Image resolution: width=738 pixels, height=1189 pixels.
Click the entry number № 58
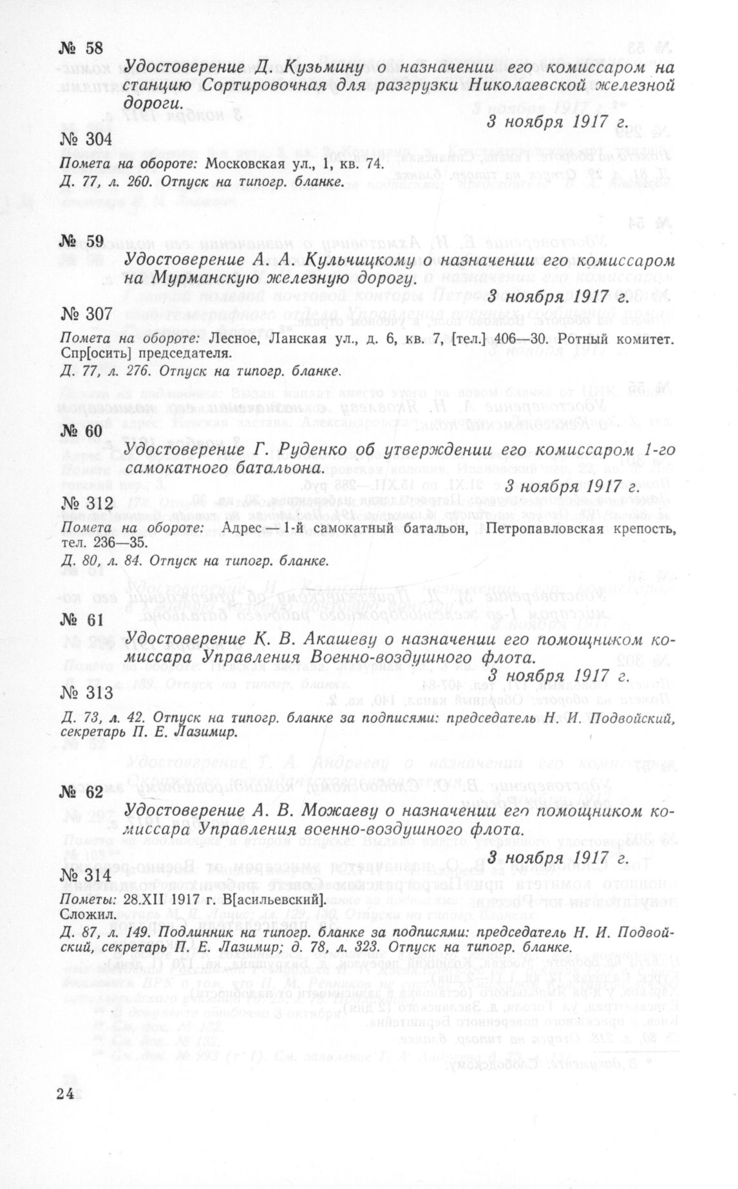pyautogui.click(x=81, y=48)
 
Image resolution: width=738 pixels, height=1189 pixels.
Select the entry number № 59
pyautogui.click(x=81, y=241)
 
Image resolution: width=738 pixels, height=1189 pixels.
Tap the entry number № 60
pyautogui.click(x=81, y=430)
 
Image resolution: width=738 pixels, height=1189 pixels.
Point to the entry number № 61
pyautogui.click(x=81, y=620)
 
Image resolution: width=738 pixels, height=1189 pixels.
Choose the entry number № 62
pyautogui.click(x=81, y=792)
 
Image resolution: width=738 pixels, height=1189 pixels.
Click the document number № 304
pyautogui.click(x=86, y=139)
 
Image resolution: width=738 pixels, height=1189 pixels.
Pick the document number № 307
pyautogui.click(x=86, y=314)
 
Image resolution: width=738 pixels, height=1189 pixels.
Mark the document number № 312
pyautogui.click(x=86, y=503)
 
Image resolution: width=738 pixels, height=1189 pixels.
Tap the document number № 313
pyautogui.click(x=86, y=692)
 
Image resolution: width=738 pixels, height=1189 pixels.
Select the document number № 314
pyautogui.click(x=86, y=876)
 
